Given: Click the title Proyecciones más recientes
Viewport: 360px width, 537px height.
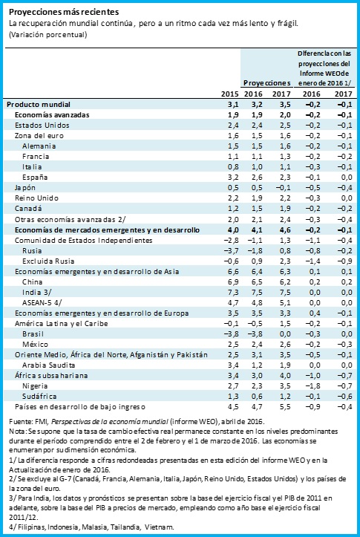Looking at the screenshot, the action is pos(64,12).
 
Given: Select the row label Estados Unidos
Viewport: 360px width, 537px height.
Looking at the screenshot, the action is pos(42,125).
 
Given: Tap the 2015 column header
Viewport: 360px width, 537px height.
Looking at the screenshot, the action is pos(229,94).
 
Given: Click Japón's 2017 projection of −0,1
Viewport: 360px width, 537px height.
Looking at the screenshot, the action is pos(283,188).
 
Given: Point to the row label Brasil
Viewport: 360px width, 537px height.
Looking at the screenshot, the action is pos(33,334).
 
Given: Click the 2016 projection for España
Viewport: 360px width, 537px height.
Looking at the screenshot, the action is pos(257,178).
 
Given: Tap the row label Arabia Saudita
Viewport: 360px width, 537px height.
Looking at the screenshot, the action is pos(48,365).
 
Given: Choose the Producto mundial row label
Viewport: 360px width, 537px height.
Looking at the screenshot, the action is pos(39,105).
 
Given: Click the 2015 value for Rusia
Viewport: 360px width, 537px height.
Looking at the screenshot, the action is pos(231,251).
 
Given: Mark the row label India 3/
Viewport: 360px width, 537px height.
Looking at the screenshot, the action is pos(37,292).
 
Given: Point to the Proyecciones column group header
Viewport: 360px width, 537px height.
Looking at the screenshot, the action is pos(267,83).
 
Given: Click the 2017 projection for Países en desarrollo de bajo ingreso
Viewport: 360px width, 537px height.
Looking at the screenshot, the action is pos(285,407).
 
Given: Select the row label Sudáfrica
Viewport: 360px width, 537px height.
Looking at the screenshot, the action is pos(39,396).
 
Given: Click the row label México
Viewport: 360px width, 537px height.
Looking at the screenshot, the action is pos(35,344).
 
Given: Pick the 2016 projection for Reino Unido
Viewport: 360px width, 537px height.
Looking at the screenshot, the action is pos(257,198).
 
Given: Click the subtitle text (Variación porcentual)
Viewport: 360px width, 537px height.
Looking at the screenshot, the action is pos(48,35).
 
